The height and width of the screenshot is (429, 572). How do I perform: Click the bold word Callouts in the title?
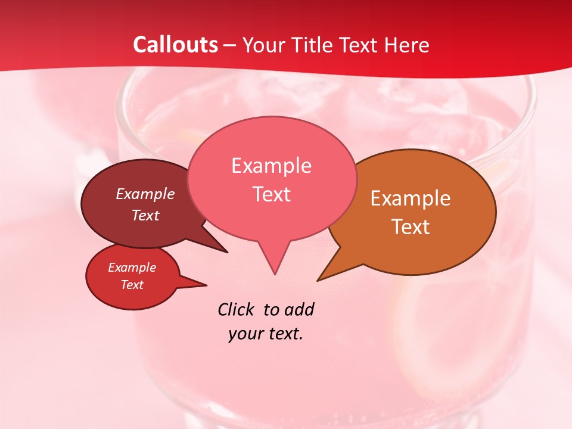click(175, 45)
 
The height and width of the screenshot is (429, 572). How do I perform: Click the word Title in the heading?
click(310, 45)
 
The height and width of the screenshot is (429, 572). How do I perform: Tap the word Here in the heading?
click(407, 45)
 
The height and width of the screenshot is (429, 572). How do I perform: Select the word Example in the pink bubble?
click(271, 166)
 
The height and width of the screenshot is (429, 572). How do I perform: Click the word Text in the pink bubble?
click(271, 194)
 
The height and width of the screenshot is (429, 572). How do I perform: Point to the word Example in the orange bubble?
click(411, 198)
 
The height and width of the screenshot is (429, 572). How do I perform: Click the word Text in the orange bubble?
click(411, 227)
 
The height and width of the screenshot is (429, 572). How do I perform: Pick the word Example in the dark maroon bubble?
click(145, 194)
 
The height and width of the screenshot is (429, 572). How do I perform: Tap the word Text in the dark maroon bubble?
click(145, 215)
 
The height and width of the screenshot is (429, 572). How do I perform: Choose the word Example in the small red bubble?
click(132, 268)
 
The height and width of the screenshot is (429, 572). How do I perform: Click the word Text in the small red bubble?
click(132, 285)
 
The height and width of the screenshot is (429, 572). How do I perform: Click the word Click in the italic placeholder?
click(237, 309)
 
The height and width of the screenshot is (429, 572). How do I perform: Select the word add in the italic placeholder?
click(300, 309)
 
